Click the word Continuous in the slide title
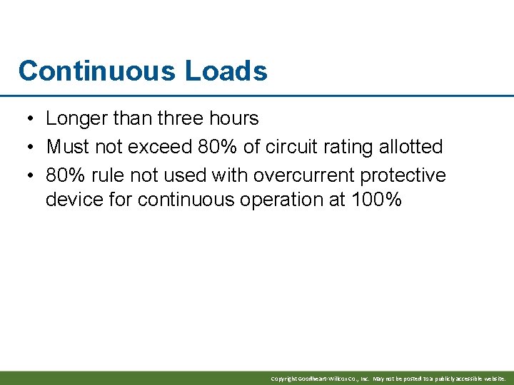point(96,71)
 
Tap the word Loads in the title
point(226,71)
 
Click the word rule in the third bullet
point(109,175)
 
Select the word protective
point(403,175)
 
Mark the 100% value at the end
point(376,200)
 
